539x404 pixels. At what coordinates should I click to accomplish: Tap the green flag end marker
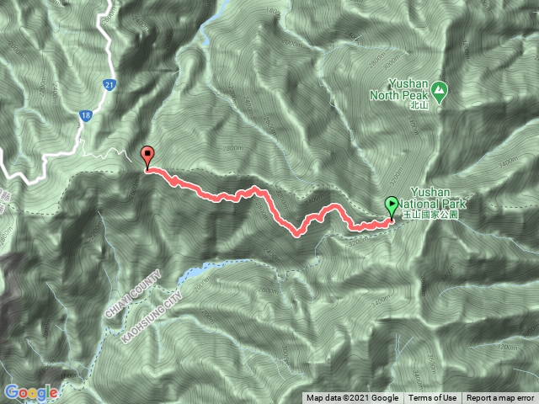(x=392, y=205)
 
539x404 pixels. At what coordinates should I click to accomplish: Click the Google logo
(x=30, y=392)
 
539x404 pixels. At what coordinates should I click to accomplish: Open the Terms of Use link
(x=433, y=398)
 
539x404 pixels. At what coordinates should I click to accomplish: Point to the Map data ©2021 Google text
(x=353, y=398)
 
